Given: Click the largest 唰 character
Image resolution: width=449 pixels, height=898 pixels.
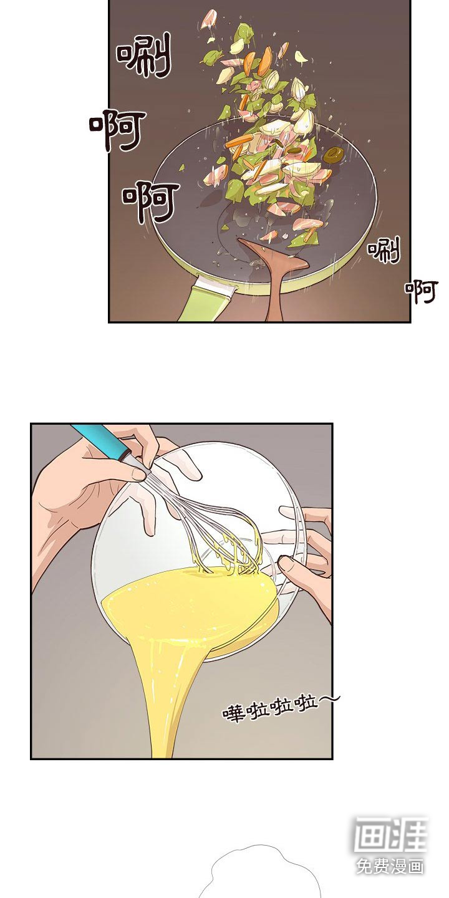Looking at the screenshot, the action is pos(144,55).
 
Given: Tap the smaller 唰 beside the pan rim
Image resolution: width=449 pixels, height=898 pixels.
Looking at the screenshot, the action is pos(384,249).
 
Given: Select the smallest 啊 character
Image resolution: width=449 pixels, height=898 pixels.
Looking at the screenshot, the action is pos(421,292).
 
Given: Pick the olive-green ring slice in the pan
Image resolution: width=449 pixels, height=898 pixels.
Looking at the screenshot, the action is pos(334,155).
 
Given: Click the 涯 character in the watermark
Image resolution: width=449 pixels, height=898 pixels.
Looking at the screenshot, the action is pos(407,833).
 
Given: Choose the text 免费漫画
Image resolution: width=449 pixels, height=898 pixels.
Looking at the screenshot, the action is pos(390,866).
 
